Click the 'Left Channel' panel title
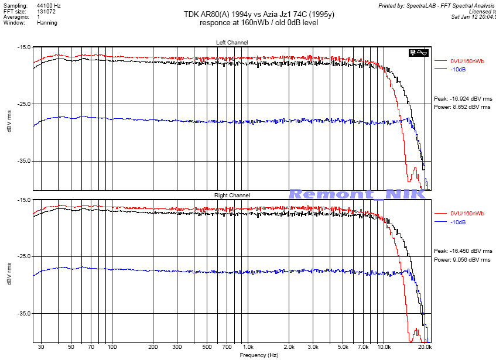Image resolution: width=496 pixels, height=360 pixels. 232,42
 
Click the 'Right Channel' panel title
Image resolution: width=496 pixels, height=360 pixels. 232,195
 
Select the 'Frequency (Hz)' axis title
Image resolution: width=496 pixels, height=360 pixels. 258,355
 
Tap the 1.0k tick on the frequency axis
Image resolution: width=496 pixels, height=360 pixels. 248,348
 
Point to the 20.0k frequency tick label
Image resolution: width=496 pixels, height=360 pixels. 425,348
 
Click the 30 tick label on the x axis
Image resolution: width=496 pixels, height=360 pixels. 41,348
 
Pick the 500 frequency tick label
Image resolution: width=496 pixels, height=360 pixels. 206,348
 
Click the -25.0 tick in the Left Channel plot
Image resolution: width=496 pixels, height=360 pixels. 24,104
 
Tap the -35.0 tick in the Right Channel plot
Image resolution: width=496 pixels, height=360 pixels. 24,314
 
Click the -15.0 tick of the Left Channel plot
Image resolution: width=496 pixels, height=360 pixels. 24,47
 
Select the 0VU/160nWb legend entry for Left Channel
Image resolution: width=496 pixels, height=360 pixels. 467,61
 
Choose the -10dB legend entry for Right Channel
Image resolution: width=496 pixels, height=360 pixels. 459,222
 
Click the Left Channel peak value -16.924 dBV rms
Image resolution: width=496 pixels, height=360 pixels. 462,99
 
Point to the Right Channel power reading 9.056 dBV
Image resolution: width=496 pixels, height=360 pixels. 462,259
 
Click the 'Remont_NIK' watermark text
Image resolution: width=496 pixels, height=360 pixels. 357,194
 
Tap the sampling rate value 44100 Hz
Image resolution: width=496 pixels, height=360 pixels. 49,5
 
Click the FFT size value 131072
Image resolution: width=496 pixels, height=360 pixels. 46,11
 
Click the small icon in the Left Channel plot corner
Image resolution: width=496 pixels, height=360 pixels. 418,53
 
